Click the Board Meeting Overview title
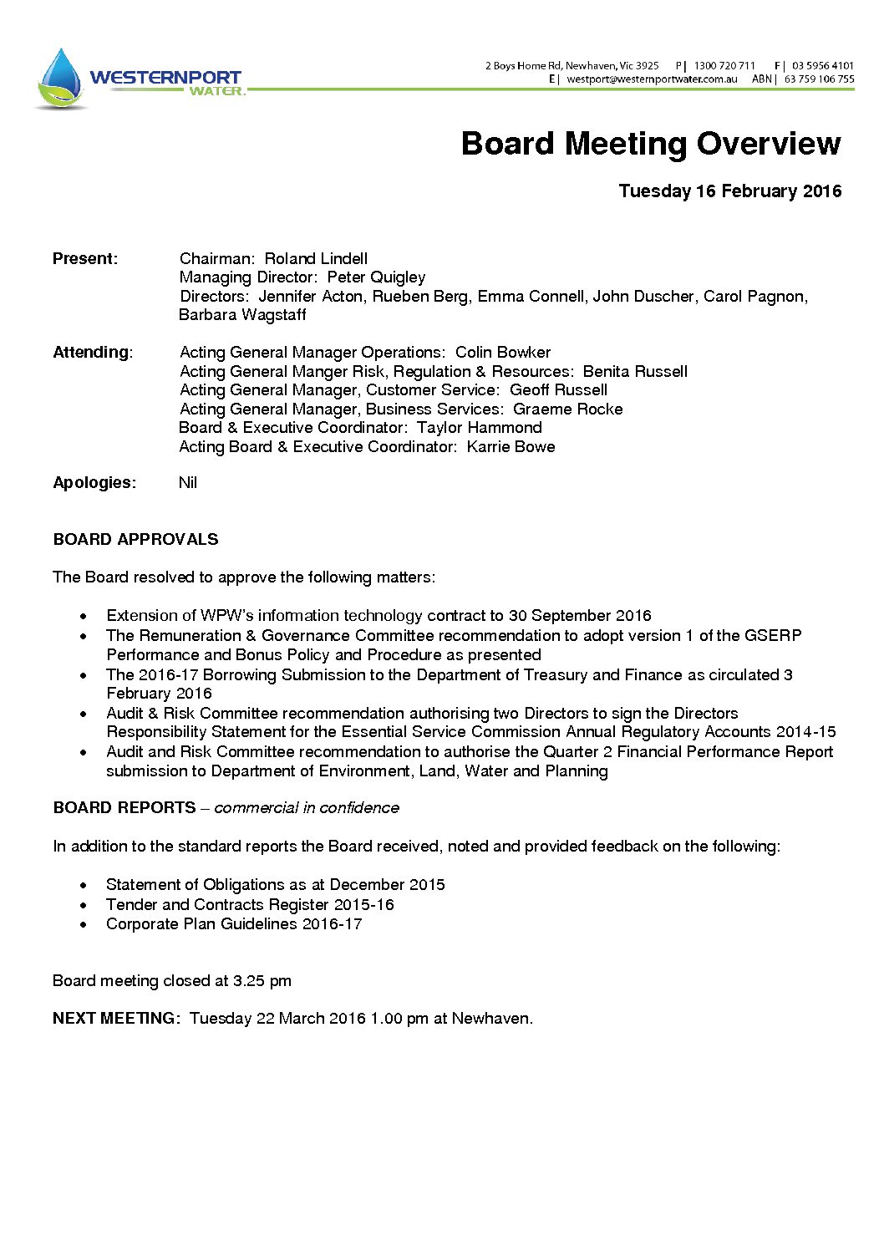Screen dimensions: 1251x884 [x=650, y=144]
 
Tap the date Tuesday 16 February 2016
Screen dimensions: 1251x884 [x=729, y=191]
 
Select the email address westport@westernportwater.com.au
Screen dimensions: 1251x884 [x=652, y=79]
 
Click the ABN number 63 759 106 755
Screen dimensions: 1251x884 [x=819, y=79]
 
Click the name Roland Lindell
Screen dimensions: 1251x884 [x=316, y=259]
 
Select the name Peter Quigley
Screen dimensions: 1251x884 [x=376, y=277]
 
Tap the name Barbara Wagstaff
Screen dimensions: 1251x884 [x=242, y=315]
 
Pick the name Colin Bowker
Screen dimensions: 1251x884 [x=502, y=353]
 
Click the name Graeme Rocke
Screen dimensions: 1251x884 [x=567, y=409]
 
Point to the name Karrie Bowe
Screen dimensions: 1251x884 [x=511, y=447]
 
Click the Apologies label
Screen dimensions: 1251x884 [x=94, y=483]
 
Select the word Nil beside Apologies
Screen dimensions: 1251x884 [x=188, y=483]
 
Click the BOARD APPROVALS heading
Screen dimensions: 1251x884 [x=135, y=540]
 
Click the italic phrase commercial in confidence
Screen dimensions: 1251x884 [x=306, y=808]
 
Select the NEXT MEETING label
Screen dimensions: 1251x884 [x=115, y=1019]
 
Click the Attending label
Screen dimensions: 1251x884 [x=92, y=353]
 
